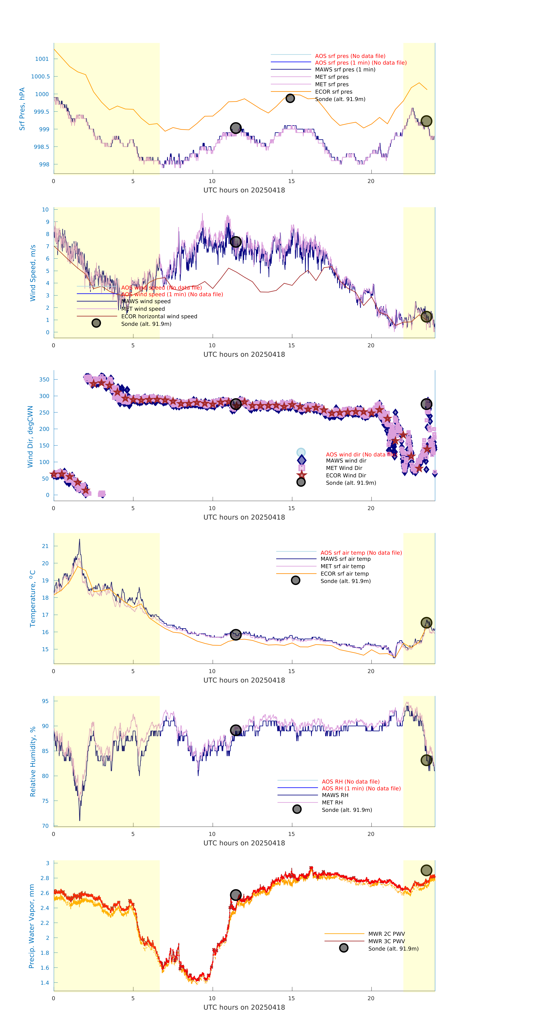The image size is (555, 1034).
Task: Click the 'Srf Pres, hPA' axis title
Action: [22, 109]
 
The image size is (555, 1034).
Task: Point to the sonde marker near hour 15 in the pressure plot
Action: [290, 98]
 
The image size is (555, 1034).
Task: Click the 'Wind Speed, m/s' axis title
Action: [33, 273]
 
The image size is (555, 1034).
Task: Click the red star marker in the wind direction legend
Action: [301, 475]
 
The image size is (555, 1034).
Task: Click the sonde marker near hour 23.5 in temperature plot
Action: [426, 623]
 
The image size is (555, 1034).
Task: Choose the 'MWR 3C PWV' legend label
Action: [386, 941]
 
